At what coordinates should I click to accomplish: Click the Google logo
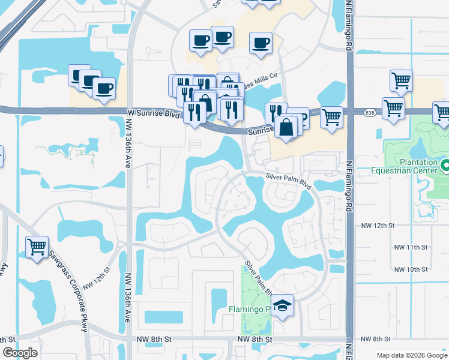tap(20, 353)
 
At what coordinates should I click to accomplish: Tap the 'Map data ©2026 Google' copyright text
tap(412, 355)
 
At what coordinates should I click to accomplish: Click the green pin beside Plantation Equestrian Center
tap(445, 165)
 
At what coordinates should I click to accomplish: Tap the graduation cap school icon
tap(282, 306)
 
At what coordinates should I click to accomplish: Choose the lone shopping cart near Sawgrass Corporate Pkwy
tap(37, 247)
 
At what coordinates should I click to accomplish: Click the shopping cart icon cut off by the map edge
tap(442, 113)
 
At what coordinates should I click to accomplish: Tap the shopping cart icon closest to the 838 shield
tap(393, 109)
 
